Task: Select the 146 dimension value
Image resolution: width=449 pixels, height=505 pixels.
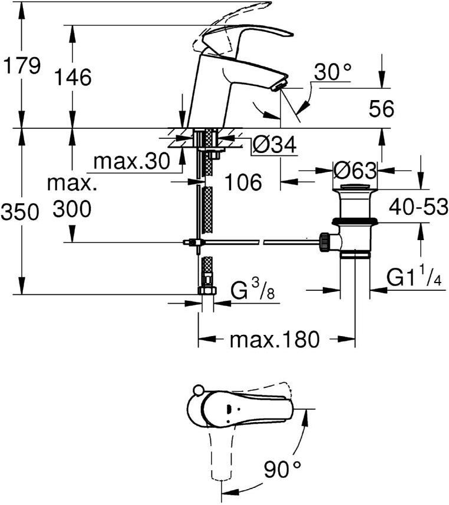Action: coord(73,77)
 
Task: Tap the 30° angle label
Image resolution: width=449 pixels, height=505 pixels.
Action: coord(332,72)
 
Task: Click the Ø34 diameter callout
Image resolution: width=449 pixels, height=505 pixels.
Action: coord(274,144)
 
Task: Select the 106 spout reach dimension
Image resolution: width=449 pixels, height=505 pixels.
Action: coord(243,182)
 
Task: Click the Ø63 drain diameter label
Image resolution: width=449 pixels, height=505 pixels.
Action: coord(354,171)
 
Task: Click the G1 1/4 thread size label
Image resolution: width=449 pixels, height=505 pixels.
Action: coord(415,277)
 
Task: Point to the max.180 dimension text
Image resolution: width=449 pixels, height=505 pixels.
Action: coord(274,339)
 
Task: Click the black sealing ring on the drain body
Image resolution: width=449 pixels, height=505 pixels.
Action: coord(355,221)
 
